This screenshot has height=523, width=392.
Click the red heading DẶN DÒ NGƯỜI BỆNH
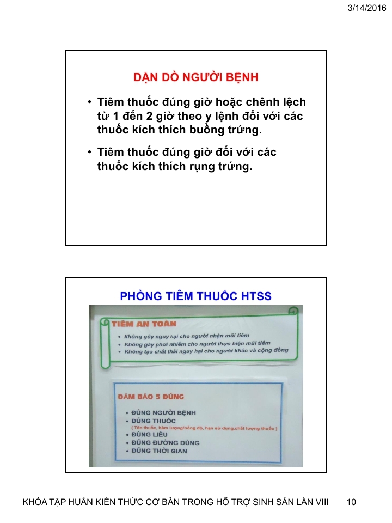pyautogui.click(x=196, y=78)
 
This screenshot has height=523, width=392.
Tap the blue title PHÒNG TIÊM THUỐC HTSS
pyautogui.click(x=195, y=296)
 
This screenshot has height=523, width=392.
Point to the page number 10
pyautogui.click(x=351, y=502)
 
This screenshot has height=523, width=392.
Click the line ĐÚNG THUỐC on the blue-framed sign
pyautogui.click(x=153, y=421)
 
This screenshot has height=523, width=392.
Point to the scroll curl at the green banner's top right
pyautogui.click(x=293, y=312)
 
